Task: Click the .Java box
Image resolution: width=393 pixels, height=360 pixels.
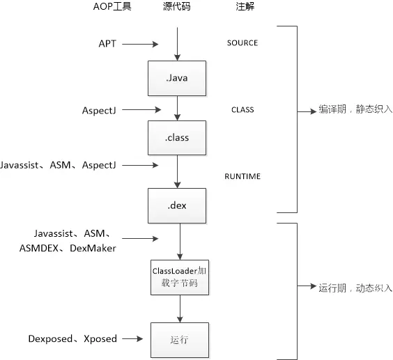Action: point(178,77)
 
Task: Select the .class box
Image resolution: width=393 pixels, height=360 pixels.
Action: point(178,137)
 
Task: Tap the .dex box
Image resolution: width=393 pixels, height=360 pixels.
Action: point(178,205)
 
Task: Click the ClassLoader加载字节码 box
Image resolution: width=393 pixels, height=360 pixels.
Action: point(180,276)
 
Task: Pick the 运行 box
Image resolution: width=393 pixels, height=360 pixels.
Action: point(180,339)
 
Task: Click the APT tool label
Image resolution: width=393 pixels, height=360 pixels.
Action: point(107,43)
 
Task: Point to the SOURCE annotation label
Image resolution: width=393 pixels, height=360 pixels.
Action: point(242,43)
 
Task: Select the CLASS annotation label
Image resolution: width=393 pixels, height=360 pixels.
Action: point(242,109)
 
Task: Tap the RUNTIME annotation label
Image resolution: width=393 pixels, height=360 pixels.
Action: point(242,176)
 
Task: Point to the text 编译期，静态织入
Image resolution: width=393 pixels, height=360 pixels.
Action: point(355,109)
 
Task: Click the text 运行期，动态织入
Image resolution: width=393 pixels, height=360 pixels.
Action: point(355,287)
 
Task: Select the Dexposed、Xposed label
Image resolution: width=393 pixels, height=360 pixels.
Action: point(72,339)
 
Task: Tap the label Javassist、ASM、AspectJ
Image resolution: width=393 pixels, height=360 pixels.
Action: point(59,165)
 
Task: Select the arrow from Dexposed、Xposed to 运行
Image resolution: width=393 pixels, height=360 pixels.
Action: point(134,339)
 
